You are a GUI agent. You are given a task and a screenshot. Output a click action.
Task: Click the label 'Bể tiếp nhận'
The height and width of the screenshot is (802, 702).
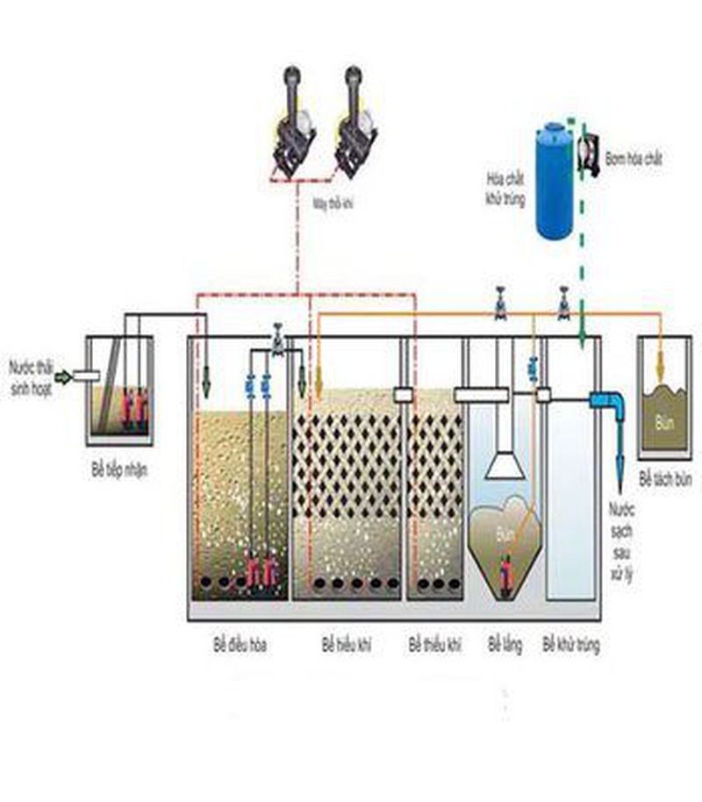pyautogui.click(x=118, y=471)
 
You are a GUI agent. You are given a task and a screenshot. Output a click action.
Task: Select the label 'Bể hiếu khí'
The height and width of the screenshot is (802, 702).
pyautogui.click(x=347, y=646)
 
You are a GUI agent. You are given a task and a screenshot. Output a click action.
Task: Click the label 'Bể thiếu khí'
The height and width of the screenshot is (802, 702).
pyautogui.click(x=434, y=646)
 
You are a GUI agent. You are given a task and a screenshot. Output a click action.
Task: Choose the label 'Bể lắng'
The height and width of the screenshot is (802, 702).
pyautogui.click(x=505, y=646)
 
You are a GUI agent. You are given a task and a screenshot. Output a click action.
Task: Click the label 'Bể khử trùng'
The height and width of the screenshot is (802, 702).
pyautogui.click(x=571, y=646)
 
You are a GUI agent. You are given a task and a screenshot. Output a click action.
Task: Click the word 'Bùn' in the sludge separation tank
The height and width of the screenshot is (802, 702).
pyautogui.click(x=665, y=420)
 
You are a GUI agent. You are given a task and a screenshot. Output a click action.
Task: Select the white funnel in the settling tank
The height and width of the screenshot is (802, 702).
pyautogui.click(x=505, y=464)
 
